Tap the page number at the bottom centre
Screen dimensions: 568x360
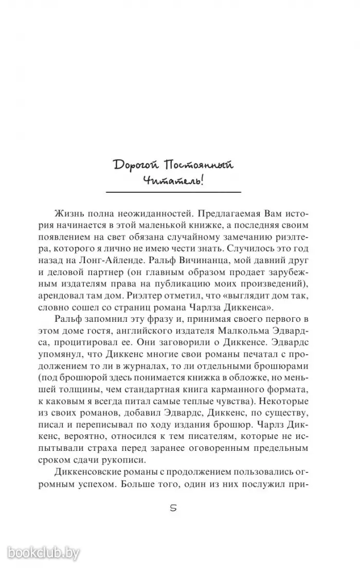pyautogui.click(x=173, y=508)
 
